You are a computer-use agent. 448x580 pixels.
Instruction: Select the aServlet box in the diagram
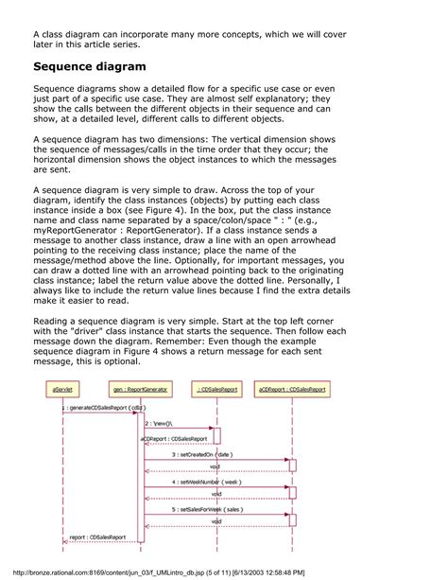tap(63, 388)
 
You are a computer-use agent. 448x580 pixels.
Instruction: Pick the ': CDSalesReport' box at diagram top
tap(217, 388)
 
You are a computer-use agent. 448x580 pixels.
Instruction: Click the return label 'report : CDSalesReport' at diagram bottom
tap(97, 536)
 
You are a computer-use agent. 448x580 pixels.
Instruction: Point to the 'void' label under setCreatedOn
tap(215, 466)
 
